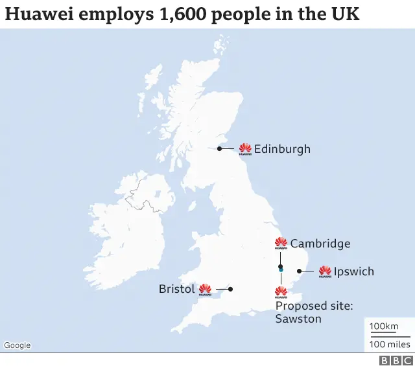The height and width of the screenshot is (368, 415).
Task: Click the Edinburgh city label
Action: pyautogui.click(x=282, y=149)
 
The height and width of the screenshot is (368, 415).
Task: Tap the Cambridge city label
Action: pyautogui.click(x=320, y=244)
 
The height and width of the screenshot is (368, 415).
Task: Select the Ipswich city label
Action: pyautogui.click(x=354, y=271)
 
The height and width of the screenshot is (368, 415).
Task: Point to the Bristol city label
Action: pyautogui.click(x=176, y=289)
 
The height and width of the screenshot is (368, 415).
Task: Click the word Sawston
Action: pyautogui.click(x=298, y=318)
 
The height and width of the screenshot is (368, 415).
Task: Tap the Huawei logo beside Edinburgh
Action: pyautogui.click(x=245, y=149)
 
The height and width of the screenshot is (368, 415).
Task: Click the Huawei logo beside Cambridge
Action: pyautogui.click(x=281, y=244)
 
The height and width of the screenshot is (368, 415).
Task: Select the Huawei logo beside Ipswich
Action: pyautogui.click(x=325, y=271)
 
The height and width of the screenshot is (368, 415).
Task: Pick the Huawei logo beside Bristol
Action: pyautogui.click(x=205, y=289)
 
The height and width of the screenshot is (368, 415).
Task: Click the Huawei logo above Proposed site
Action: pyautogui.click(x=281, y=292)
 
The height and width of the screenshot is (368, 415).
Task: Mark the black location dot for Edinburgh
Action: pyautogui.click(x=220, y=149)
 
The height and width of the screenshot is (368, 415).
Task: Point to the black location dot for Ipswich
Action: pyautogui.click(x=298, y=271)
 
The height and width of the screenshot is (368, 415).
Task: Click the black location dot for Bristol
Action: pyautogui.click(x=230, y=289)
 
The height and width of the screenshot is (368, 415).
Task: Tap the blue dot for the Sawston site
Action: pyautogui.click(x=281, y=270)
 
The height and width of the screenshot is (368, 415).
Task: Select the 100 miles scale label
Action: pyautogui.click(x=390, y=344)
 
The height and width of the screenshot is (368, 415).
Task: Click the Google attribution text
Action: pyautogui.click(x=18, y=345)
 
